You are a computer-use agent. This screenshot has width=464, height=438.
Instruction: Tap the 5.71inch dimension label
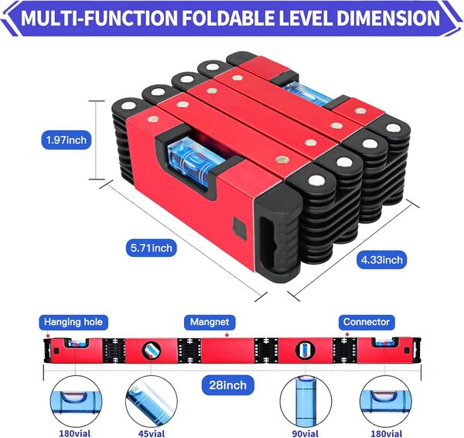click(152, 248)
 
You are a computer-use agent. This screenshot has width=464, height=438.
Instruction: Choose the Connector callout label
click(367, 322)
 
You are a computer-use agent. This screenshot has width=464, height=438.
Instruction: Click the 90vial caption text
click(306, 432)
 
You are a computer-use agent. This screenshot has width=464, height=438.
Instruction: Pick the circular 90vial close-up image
click(306, 401)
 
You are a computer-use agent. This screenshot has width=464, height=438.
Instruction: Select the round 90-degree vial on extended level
click(306, 350)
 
